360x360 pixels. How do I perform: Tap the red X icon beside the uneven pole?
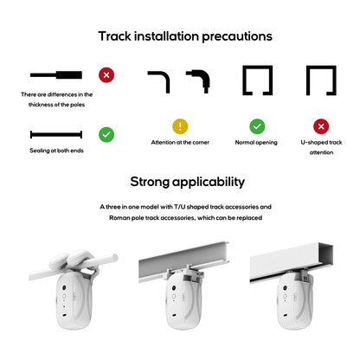[106, 75]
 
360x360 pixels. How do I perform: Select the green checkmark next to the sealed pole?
[106, 134]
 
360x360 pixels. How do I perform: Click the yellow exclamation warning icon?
[180, 125]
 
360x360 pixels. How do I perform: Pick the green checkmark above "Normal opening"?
[256, 125]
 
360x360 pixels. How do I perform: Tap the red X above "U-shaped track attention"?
[321, 125]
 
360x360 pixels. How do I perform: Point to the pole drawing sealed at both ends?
[56, 134]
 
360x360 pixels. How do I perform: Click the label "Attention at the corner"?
[180, 142]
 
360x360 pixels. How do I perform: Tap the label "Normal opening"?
[256, 142]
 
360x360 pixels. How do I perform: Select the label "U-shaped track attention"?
[321, 147]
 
